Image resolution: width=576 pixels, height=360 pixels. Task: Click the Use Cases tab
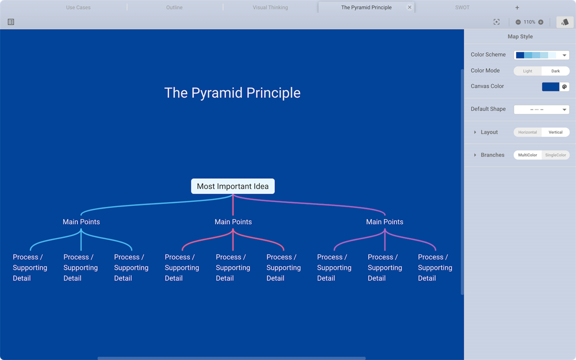[78, 7]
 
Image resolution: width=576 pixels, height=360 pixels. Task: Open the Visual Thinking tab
[270, 7]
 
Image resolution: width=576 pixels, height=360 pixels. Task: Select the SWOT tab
[462, 7]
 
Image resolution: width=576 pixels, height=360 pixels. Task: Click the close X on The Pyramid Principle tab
[409, 7]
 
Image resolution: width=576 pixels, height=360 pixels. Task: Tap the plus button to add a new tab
[517, 7]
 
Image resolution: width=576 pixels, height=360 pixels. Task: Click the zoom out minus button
[518, 22]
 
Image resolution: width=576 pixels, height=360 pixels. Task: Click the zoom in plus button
[541, 22]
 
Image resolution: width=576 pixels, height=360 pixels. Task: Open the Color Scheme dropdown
[541, 55]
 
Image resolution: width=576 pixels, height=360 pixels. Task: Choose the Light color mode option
[528, 71]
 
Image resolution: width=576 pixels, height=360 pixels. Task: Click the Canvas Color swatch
[550, 86]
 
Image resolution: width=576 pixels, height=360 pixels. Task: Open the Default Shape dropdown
[541, 109]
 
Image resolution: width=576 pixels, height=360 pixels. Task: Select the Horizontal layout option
[528, 132]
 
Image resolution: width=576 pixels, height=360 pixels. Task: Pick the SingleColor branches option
[555, 155]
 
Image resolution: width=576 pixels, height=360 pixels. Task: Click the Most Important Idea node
[232, 186]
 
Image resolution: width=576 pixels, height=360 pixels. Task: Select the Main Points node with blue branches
[81, 222]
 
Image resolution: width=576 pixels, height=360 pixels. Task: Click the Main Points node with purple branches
[384, 222]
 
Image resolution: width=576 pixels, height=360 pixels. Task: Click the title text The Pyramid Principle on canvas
[232, 93]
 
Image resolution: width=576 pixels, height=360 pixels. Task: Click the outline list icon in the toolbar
[11, 22]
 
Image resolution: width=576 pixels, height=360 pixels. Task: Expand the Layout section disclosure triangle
[475, 132]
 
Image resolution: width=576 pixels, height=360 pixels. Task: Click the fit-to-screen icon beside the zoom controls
[496, 22]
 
